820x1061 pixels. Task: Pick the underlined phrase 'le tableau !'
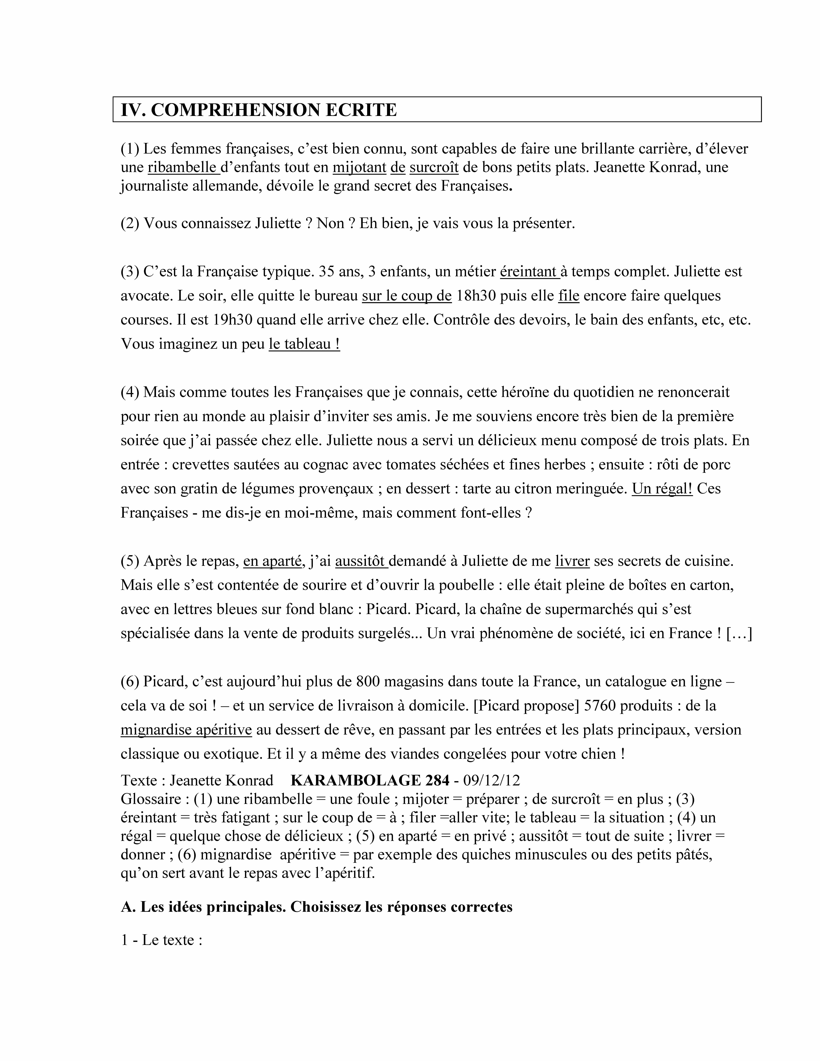(304, 344)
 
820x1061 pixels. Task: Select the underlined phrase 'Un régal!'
(662, 489)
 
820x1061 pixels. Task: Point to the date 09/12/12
(492, 780)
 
